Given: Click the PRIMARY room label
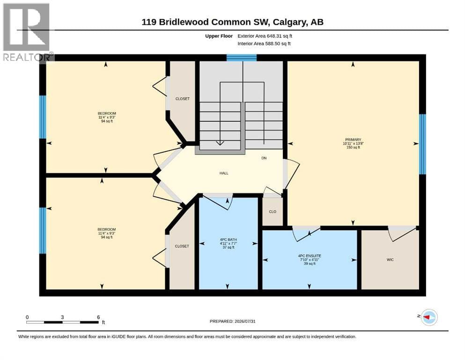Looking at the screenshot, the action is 353,140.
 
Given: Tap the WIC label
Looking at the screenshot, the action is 390,260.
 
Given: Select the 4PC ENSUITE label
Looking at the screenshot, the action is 310,256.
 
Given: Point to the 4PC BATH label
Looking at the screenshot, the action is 229,240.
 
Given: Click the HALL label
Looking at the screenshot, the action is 224,173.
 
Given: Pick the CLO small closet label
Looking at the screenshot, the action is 273,211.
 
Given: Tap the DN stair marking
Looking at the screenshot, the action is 264,158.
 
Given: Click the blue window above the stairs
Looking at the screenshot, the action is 242,58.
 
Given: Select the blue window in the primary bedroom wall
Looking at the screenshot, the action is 422,144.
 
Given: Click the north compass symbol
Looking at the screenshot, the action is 429,317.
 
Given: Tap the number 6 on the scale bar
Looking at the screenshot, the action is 98,317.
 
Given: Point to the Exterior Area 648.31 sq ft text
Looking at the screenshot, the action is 265,36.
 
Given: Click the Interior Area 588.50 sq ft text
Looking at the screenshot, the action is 264,44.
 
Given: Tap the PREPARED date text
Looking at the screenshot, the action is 232,321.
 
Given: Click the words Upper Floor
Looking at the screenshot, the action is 219,36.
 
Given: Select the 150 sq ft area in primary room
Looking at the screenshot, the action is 353,147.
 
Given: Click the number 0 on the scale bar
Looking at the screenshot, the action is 27,317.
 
